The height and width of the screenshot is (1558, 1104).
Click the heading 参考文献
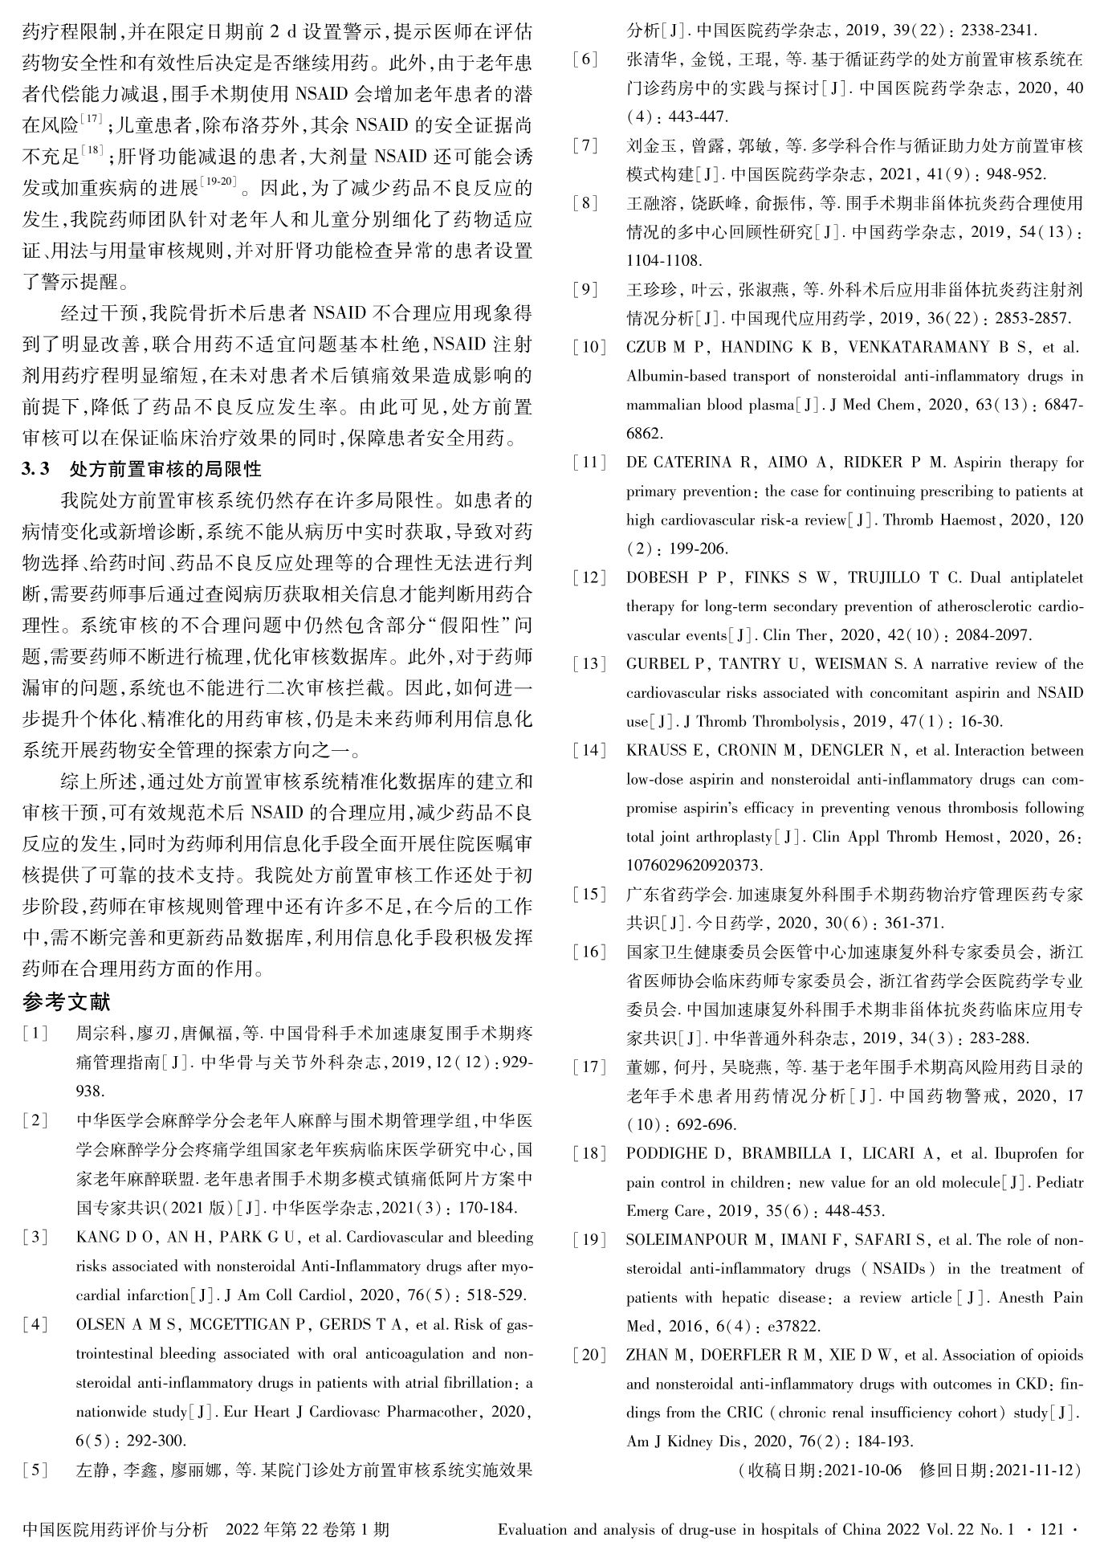point(67,1001)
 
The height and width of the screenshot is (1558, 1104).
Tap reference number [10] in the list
point(589,348)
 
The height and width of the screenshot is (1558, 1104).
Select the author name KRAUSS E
point(665,751)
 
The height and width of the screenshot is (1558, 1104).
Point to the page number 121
point(1050,1530)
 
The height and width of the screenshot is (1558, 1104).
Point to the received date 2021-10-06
point(863,1470)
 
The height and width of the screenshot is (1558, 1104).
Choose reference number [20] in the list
point(589,1356)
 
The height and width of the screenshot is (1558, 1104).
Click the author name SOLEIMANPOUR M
point(696,1241)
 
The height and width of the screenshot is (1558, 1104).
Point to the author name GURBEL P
point(669,664)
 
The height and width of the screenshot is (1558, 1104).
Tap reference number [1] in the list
point(36,1033)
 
